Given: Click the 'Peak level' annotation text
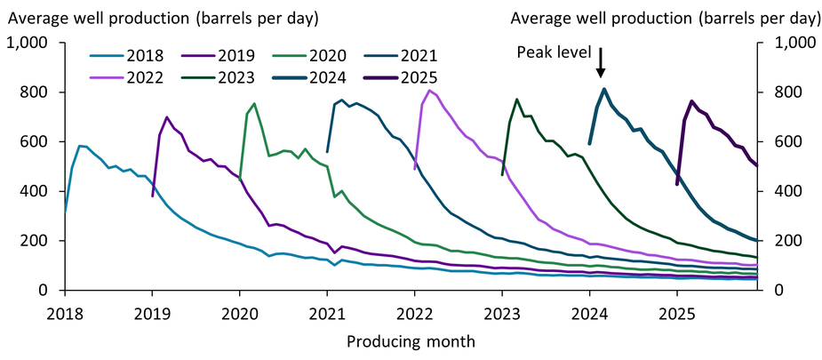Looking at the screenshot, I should [554, 52].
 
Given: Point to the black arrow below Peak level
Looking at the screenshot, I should [602, 63].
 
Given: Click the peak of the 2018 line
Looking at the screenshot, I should [80, 146].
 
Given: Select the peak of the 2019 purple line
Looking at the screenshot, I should [167, 117].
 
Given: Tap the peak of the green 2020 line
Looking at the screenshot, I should [254, 103].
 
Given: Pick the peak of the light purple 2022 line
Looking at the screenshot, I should [429, 90].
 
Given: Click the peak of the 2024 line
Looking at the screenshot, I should [604, 89].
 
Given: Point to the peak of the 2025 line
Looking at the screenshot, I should [691, 101].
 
